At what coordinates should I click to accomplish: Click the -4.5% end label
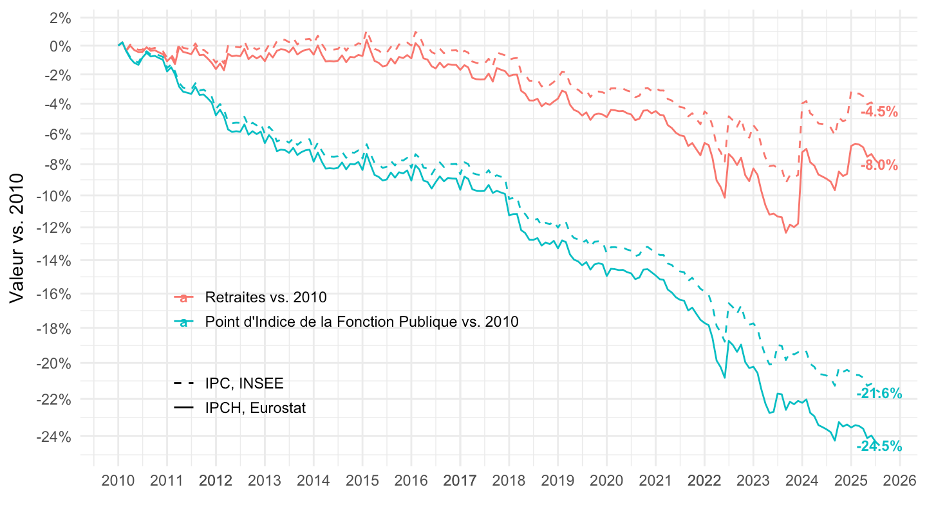pyautogui.click(x=879, y=111)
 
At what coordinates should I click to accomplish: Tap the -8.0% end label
pyautogui.click(x=879, y=165)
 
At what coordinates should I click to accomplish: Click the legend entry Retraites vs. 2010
pyautogui.click(x=266, y=298)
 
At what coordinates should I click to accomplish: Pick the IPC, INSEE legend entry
pyautogui.click(x=244, y=383)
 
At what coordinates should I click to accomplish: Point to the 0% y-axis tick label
pyautogui.click(x=57, y=46)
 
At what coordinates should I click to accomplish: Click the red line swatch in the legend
pyautogui.click(x=184, y=298)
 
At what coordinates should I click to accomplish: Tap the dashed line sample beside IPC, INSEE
pyautogui.click(x=184, y=383)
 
